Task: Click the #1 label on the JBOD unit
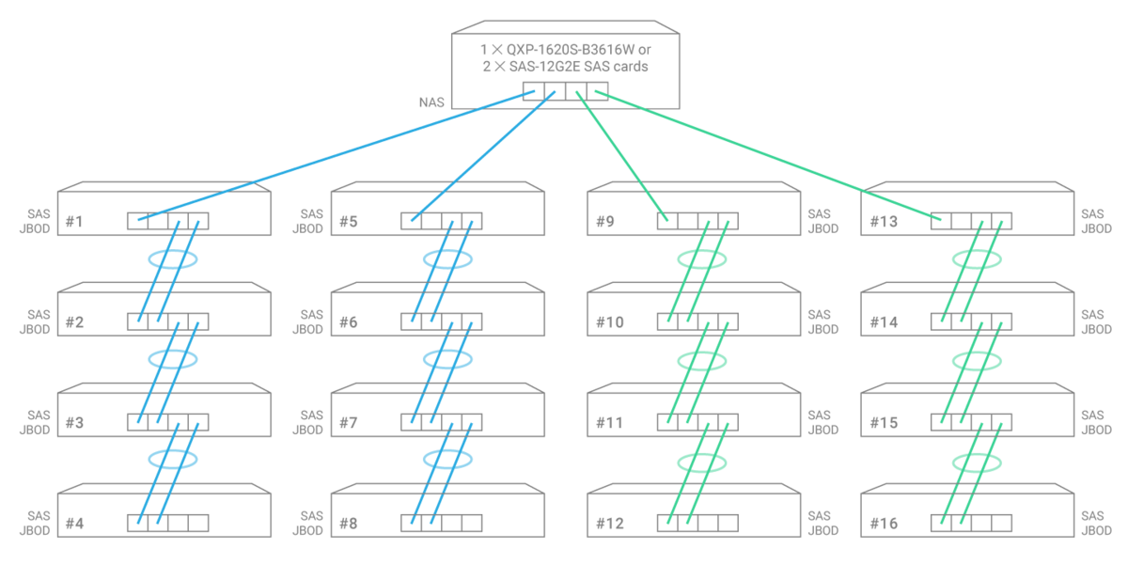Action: click(x=74, y=223)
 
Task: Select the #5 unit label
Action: click(x=348, y=223)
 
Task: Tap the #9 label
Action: click(x=605, y=223)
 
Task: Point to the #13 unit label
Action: click(x=883, y=223)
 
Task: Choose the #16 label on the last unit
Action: click(x=884, y=524)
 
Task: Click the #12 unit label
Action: click(x=610, y=524)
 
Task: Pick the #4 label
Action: click(x=74, y=524)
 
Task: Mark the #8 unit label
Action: click(x=348, y=524)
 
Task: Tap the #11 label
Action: click(x=610, y=423)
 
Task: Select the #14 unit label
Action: click(x=884, y=322)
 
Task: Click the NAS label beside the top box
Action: click(x=431, y=102)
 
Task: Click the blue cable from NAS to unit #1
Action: click(x=338, y=155)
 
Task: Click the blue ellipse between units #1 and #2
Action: click(x=173, y=259)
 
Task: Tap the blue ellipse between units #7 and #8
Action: click(x=447, y=459)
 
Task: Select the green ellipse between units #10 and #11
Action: click(x=701, y=359)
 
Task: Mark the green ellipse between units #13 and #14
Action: click(x=977, y=259)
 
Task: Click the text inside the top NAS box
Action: click(x=565, y=57)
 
